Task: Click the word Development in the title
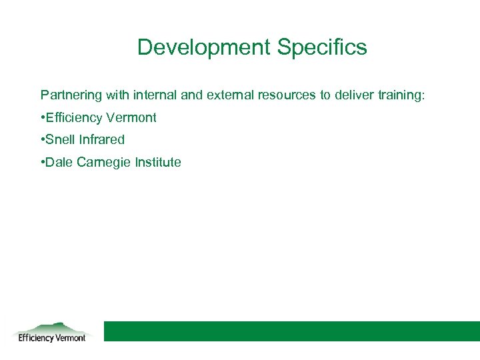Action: point(203,47)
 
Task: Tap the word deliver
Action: point(353,95)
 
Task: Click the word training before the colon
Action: point(399,95)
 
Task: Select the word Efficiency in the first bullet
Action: point(73,118)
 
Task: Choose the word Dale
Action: point(57,163)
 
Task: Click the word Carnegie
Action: point(99,163)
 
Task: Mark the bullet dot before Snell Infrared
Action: point(42,140)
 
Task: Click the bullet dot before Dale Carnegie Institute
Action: point(42,163)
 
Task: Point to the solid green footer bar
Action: point(291,331)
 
